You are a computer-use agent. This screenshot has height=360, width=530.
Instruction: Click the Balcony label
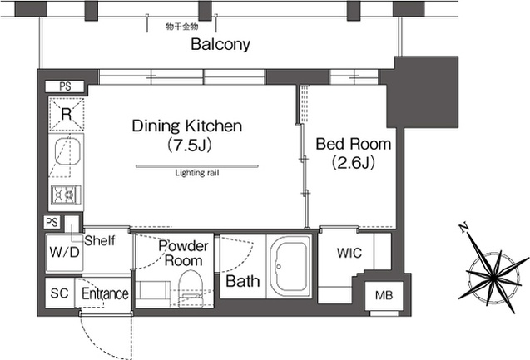point(220,44)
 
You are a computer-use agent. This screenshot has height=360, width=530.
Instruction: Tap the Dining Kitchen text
point(187,126)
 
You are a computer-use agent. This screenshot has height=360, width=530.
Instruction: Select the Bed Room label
point(354,144)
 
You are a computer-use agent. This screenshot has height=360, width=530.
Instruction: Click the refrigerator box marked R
point(67,114)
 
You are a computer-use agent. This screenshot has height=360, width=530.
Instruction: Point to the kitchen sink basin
point(67,152)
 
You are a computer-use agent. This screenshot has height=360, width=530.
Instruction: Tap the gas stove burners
point(66,195)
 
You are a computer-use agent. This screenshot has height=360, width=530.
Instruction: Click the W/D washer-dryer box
point(64,252)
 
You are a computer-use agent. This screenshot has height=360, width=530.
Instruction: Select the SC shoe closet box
point(60,293)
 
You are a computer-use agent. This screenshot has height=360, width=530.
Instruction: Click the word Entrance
point(105,293)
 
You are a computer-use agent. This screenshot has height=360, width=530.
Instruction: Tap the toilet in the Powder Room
point(191,288)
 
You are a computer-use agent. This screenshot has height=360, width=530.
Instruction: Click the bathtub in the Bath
point(289,266)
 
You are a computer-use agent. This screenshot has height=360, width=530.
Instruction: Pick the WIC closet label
point(349,253)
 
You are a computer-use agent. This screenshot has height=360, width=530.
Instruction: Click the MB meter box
point(384,296)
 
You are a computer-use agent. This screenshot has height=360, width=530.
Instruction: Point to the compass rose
point(494,278)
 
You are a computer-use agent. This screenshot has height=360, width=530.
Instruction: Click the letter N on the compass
point(463,228)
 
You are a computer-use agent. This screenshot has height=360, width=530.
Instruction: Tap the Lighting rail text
point(197,173)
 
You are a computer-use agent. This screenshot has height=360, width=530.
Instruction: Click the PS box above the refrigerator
point(65,86)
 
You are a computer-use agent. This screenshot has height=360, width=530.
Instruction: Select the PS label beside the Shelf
point(52,222)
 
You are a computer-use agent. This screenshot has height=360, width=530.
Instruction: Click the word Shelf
point(100,241)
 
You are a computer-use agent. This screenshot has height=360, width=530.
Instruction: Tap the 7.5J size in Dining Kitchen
point(190,145)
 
